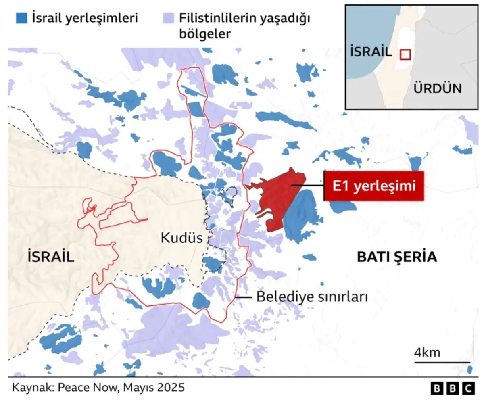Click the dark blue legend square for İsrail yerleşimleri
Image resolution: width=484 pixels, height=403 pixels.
pos(22,17)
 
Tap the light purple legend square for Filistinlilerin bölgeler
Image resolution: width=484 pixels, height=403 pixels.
pos(168,17)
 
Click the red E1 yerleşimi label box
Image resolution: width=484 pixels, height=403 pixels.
pos(373,186)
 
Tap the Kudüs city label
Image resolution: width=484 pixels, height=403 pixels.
pos(181,238)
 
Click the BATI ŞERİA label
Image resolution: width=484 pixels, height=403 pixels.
pos(397,257)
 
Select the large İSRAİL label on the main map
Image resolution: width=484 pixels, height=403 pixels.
pos(51,257)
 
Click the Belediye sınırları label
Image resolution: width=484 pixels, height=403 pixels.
pos(312,298)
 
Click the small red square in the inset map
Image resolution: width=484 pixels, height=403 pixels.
pos(405,54)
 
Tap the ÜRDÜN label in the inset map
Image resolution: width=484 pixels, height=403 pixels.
pos(438,88)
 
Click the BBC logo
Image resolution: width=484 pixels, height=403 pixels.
pos(452,388)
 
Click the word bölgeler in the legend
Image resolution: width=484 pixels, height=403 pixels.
pos(204,34)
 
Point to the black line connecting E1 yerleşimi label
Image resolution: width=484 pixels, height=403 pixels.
pos(307,186)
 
